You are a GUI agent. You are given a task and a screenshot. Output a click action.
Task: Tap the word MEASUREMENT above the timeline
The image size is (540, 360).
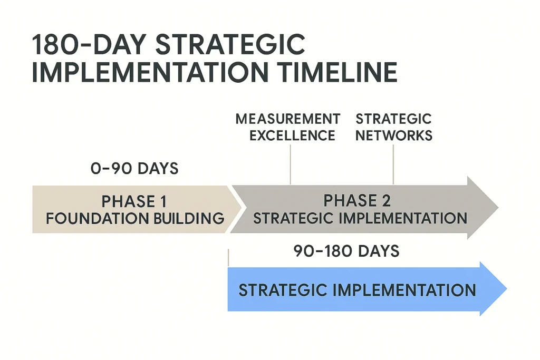coord(287,119)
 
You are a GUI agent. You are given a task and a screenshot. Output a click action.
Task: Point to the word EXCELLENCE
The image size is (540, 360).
coord(292,135)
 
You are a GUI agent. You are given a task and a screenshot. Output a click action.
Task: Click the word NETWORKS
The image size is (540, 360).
coord(393,135)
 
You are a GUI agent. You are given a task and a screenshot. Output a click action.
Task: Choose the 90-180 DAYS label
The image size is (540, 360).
coord(346,251)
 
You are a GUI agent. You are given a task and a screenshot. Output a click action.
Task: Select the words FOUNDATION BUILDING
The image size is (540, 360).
coord(135,218)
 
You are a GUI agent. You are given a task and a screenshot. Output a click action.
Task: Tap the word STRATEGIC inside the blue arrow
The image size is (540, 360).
coord(281,290)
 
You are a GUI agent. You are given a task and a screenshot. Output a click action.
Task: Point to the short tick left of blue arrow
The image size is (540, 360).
coord(228,258)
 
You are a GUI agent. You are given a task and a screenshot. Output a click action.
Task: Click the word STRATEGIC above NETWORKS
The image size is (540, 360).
coord(393,119)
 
